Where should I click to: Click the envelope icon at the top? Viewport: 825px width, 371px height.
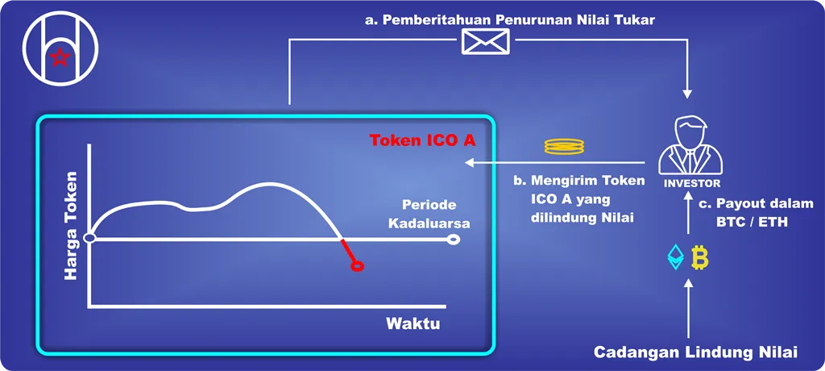[x=486, y=41]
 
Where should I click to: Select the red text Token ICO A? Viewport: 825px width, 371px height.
[x=423, y=140]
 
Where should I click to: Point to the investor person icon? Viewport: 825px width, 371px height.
[x=690, y=147]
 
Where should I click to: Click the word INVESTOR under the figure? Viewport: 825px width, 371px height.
[x=690, y=184]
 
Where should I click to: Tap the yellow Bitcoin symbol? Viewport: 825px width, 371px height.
[x=700, y=257]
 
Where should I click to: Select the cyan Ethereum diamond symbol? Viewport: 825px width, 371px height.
[x=676, y=257]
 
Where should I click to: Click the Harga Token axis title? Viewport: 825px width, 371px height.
[x=70, y=225]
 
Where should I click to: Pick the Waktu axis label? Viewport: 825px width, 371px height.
[x=413, y=323]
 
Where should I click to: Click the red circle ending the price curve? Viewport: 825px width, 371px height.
[x=357, y=267]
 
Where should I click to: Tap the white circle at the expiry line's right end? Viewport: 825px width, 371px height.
[x=452, y=240]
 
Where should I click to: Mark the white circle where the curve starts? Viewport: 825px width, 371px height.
[x=89, y=239]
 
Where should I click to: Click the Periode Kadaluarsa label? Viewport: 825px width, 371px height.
[x=429, y=215]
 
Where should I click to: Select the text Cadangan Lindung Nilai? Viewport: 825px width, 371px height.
[x=695, y=352]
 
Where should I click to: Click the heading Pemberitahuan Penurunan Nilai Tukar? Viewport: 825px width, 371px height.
[x=510, y=20]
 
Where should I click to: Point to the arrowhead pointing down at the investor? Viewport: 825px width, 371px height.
[x=687, y=94]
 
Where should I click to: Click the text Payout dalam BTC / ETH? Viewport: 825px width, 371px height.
[x=765, y=213]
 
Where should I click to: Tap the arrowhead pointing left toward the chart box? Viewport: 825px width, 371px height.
[x=470, y=163]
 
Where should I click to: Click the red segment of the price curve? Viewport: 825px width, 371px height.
[x=348, y=251]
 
